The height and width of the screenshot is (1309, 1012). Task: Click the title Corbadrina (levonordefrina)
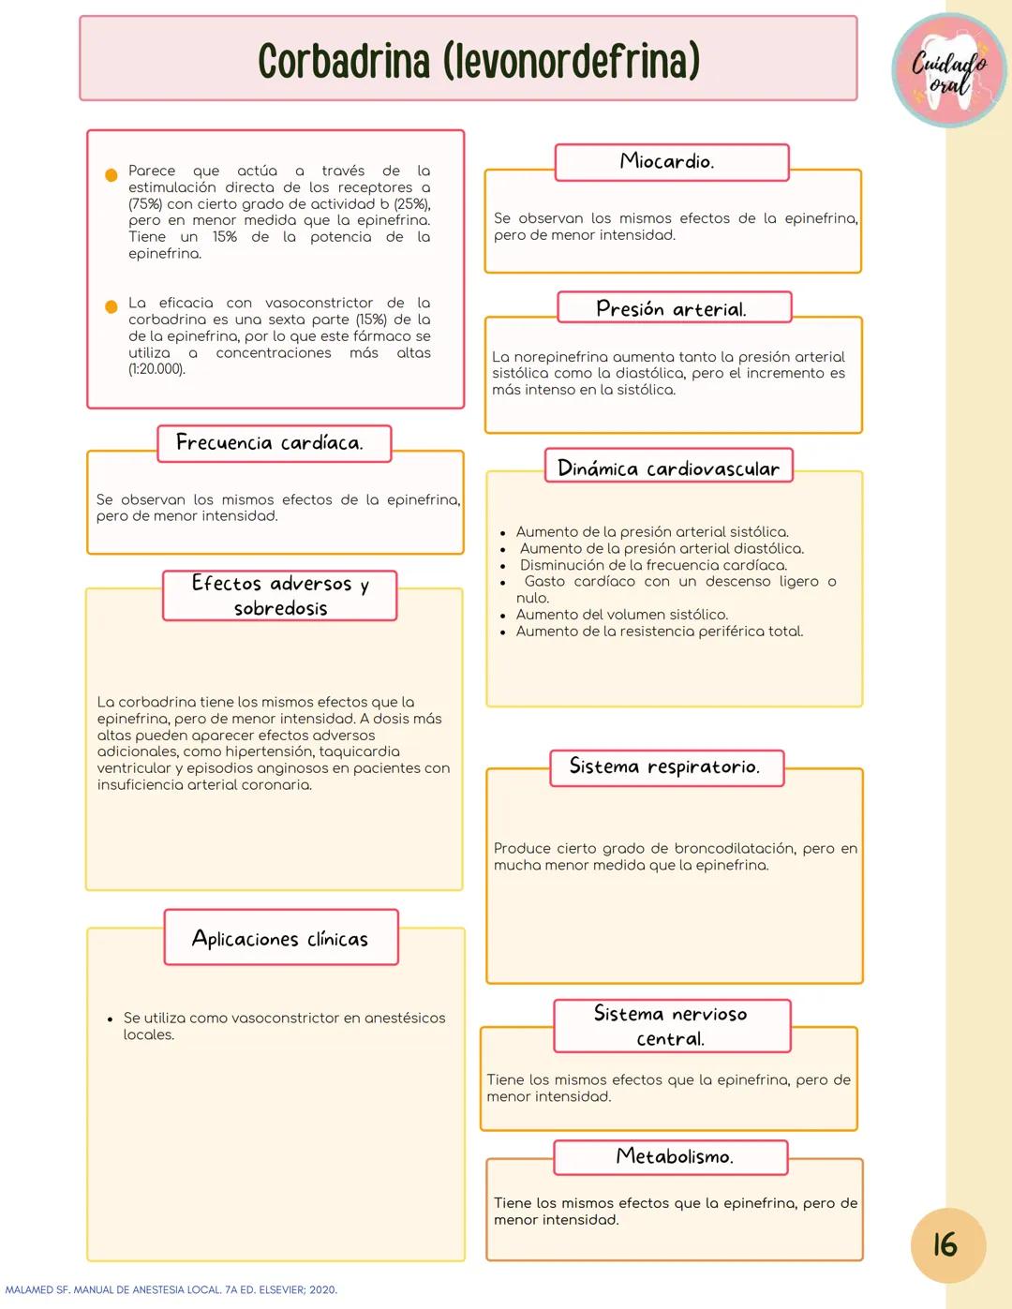[479, 61]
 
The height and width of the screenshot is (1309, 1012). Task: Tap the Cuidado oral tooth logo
[949, 72]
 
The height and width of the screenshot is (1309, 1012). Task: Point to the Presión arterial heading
[673, 308]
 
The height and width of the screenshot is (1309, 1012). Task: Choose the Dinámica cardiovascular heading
[668, 468]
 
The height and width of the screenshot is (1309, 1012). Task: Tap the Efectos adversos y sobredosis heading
[279, 596]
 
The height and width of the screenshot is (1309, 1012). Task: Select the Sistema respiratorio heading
[664, 766]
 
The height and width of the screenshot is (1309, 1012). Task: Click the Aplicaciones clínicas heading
[280, 938]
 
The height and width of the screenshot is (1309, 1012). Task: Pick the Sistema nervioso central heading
[671, 1026]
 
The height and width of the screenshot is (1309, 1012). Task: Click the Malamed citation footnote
[170, 1290]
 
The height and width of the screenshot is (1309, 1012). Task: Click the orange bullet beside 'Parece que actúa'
[111, 174]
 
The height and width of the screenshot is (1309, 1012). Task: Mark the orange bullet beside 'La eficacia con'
[111, 306]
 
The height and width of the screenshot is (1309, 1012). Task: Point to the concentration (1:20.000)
[156, 369]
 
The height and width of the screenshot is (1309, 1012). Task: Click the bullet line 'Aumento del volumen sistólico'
[621, 615]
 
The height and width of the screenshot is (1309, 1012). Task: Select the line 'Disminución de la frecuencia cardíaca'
[653, 565]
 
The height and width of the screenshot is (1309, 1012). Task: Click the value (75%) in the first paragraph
[145, 203]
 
